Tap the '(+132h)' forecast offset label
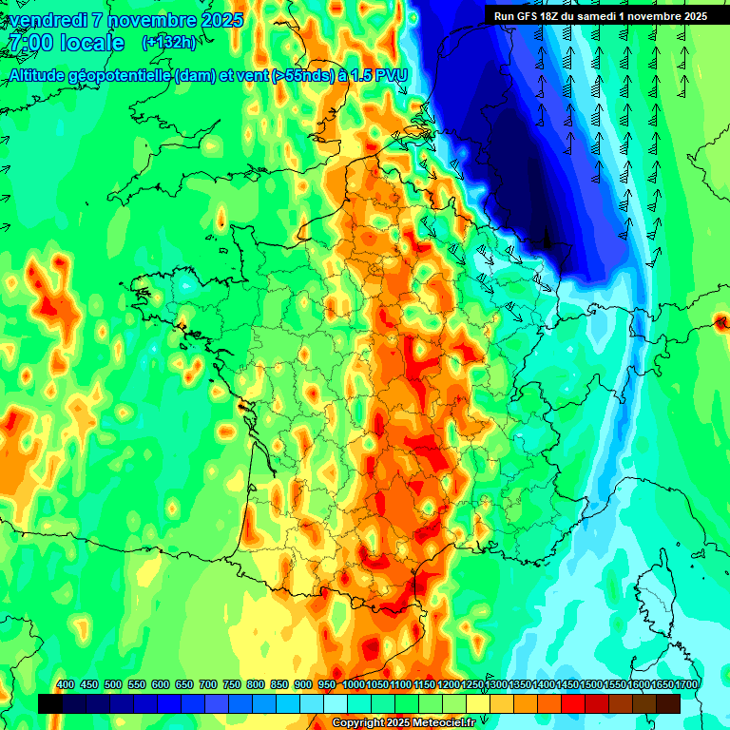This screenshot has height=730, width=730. tap(168, 42)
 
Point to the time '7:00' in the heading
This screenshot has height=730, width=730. tap(28, 43)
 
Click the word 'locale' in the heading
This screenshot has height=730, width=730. tap(91, 43)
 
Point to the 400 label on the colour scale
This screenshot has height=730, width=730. tap(66, 685)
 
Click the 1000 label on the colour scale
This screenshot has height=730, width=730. tap(353, 685)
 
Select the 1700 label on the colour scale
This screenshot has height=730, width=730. tap(686, 685)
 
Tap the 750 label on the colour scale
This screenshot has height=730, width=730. tap(232, 685)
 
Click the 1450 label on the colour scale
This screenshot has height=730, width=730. tap(567, 685)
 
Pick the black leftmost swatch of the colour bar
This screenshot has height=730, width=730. tap(50, 703)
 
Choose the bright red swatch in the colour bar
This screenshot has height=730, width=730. tap(573, 703)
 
